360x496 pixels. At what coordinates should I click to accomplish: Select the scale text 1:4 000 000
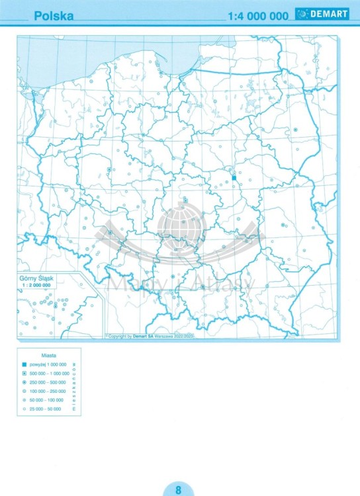tap(257, 16)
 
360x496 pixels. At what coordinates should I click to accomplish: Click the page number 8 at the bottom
tap(179, 490)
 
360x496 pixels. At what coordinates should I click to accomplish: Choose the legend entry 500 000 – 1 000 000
tap(49, 374)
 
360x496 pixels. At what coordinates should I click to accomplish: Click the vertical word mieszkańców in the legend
tap(74, 387)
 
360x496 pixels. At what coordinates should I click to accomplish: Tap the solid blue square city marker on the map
tap(234, 177)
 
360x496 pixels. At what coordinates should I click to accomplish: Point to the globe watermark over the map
tap(179, 225)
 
